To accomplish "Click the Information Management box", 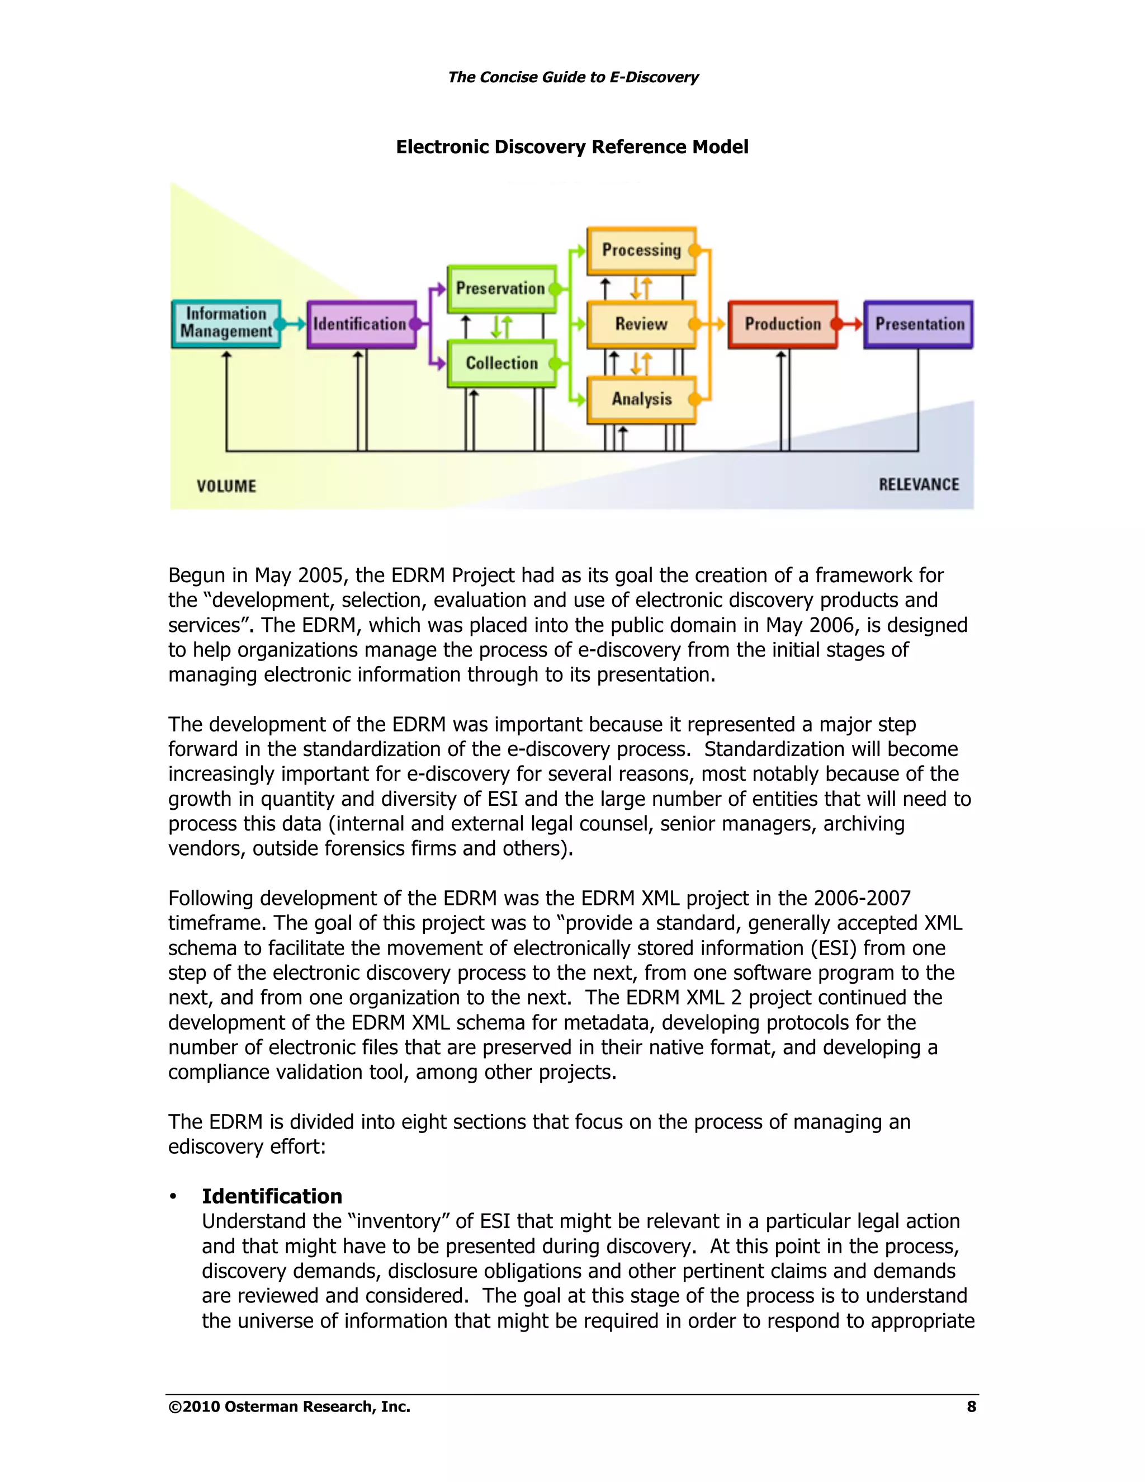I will tap(226, 323).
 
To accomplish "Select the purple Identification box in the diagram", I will tap(360, 324).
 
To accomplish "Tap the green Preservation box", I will tap(500, 289).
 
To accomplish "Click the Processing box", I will tap(641, 250).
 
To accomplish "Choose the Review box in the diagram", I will tap(641, 324).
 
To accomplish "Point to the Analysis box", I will tap(641, 398).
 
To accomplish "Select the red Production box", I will tap(782, 324).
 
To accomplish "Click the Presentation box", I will tap(919, 324).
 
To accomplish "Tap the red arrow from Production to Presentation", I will tap(850, 324).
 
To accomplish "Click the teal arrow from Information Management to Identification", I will tap(294, 324).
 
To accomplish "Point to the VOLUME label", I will tap(226, 486).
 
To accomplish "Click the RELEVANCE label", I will tap(919, 484).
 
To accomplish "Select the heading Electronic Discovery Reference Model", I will tap(572, 147).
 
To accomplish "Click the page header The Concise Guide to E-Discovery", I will tap(572, 77).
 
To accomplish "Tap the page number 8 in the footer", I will tap(971, 1407).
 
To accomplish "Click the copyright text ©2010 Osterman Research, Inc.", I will tap(290, 1407).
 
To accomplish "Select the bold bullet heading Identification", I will tap(272, 1196).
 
